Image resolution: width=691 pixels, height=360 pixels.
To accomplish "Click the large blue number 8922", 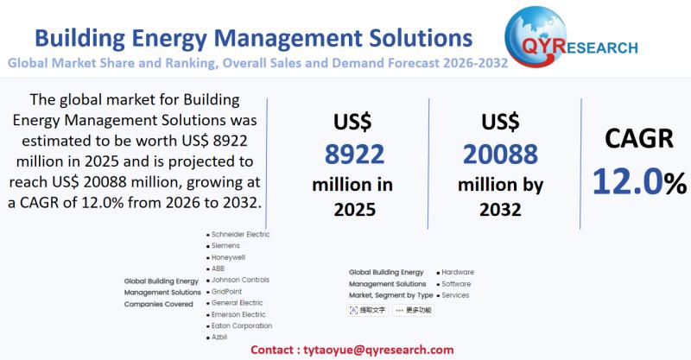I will point(354,155).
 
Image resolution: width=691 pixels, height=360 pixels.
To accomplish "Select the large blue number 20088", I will point(500,155).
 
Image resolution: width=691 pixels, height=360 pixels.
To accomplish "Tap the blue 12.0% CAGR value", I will point(639,181).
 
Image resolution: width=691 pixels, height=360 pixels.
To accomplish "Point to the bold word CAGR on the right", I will point(637,138).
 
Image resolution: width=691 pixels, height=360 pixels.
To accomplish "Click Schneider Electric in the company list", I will point(241,234).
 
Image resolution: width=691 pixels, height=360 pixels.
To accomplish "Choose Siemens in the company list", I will point(225,245).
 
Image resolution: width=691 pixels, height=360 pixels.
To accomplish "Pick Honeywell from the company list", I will point(229,257).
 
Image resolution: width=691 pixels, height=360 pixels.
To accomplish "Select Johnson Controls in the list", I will point(240,280).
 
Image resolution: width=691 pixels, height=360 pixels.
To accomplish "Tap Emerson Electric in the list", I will point(238,314).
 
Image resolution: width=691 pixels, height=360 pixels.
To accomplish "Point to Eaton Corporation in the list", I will point(242,325).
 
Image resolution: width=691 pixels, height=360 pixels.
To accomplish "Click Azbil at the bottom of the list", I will point(219,337).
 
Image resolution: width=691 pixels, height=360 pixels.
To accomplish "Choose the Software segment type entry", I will point(456,283).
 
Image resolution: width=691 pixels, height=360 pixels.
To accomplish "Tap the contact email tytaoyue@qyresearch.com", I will point(378,350).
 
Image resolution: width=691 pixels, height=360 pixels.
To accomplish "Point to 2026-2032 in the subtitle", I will point(472,62).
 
